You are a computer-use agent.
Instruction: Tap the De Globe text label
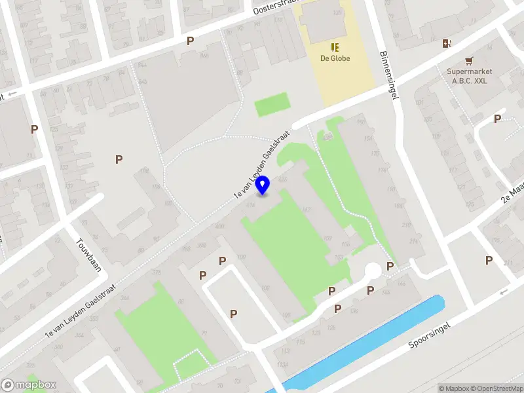(335, 58)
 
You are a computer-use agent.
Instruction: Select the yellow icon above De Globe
(335, 47)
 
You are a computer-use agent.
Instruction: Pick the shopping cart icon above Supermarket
(469, 60)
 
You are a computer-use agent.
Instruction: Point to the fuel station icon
(447, 44)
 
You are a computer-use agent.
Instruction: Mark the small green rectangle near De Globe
(271, 105)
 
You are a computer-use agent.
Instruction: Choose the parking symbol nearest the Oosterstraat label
(191, 41)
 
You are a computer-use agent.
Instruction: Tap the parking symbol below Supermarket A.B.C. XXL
(498, 119)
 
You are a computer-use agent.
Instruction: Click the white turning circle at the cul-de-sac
(373, 270)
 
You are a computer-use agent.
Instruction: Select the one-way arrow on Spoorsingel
(503, 292)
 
